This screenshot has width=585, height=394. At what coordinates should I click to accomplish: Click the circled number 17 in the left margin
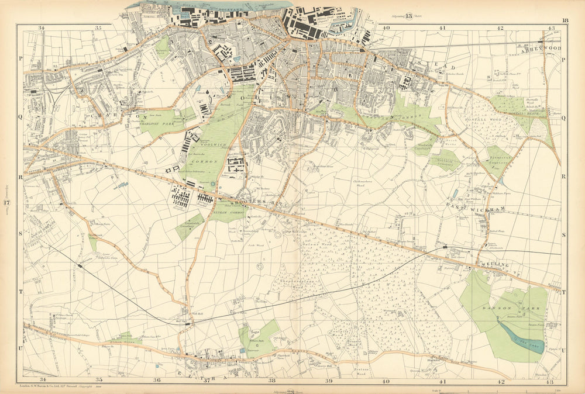click(7, 203)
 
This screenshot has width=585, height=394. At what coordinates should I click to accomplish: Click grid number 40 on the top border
click(386, 27)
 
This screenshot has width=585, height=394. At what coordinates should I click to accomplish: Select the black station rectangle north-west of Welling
click(446, 247)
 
